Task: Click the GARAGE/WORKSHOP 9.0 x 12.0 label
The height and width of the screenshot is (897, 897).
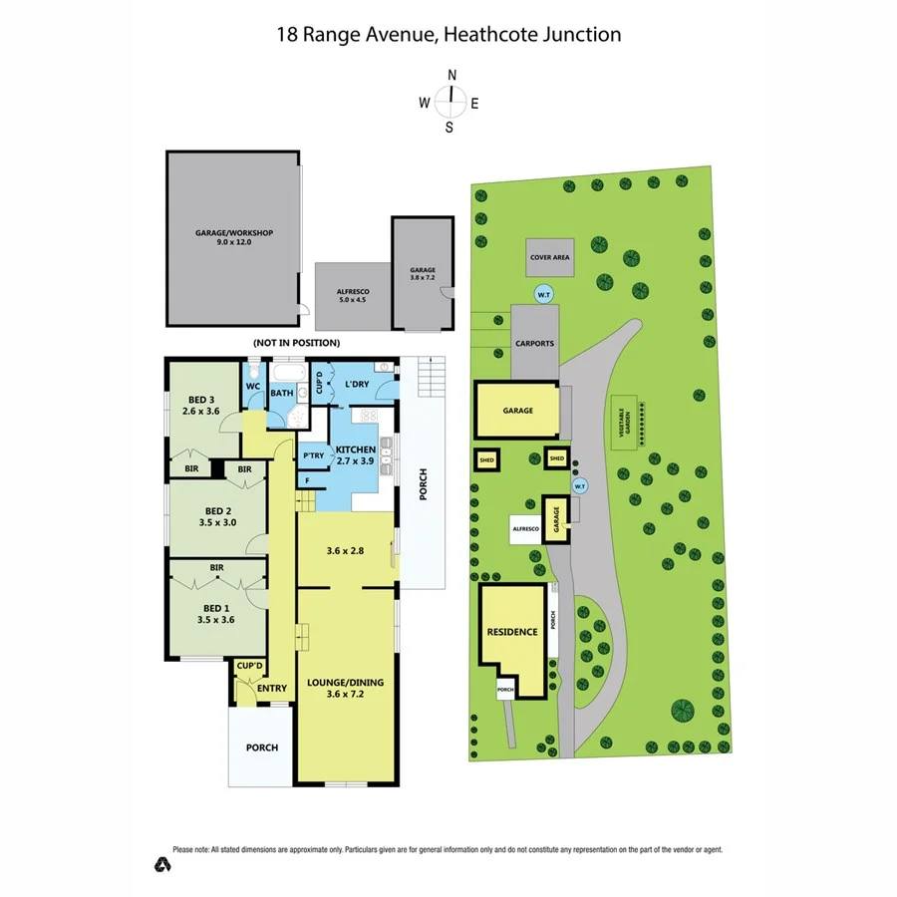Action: (233, 236)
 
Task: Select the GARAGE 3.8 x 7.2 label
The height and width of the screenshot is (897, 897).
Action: (423, 273)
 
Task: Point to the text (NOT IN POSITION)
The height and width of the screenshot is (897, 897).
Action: (295, 343)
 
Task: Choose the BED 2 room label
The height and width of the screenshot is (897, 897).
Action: (218, 514)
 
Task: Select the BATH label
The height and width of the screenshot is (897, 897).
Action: (282, 394)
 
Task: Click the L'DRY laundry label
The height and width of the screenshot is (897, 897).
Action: (357, 384)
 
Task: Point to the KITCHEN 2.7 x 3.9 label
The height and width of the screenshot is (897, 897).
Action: (355, 455)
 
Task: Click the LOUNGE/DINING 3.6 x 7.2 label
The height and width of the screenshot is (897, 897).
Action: (346, 688)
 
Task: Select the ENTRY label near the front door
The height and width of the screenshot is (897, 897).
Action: (271, 688)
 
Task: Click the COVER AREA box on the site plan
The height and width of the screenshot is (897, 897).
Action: (549, 257)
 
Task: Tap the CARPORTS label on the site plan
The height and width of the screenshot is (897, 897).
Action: (534, 344)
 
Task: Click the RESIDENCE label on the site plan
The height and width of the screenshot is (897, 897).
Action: (512, 632)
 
